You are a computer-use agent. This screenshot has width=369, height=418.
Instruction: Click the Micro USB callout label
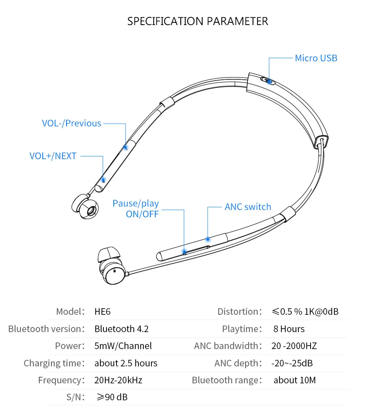[x=316, y=58]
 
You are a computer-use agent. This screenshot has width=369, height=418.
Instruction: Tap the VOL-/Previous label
[x=71, y=123]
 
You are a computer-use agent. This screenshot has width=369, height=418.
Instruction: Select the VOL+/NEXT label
[x=53, y=156]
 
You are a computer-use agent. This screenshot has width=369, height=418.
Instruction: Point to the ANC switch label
[x=248, y=207]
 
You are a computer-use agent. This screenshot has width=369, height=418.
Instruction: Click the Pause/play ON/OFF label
[x=136, y=209]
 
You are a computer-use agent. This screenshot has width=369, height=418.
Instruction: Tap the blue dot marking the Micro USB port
[x=269, y=81]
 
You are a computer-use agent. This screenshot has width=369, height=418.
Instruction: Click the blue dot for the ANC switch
[x=208, y=239]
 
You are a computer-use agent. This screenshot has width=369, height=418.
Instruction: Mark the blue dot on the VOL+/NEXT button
[x=103, y=180]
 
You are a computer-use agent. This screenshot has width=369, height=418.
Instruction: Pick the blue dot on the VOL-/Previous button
[x=126, y=147]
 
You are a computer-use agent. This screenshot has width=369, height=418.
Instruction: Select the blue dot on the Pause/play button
[x=184, y=252]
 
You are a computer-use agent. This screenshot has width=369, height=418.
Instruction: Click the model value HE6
[x=102, y=312]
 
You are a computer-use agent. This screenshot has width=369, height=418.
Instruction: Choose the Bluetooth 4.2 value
[x=121, y=329]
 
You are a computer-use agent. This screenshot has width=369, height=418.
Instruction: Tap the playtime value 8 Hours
[x=289, y=329]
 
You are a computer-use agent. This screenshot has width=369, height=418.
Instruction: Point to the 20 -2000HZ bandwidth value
[x=294, y=346]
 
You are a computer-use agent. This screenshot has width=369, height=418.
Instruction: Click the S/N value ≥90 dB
[x=112, y=397]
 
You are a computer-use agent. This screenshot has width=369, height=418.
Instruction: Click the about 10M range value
[x=295, y=380]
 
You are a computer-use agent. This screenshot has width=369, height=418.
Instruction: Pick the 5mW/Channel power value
[x=123, y=346]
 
